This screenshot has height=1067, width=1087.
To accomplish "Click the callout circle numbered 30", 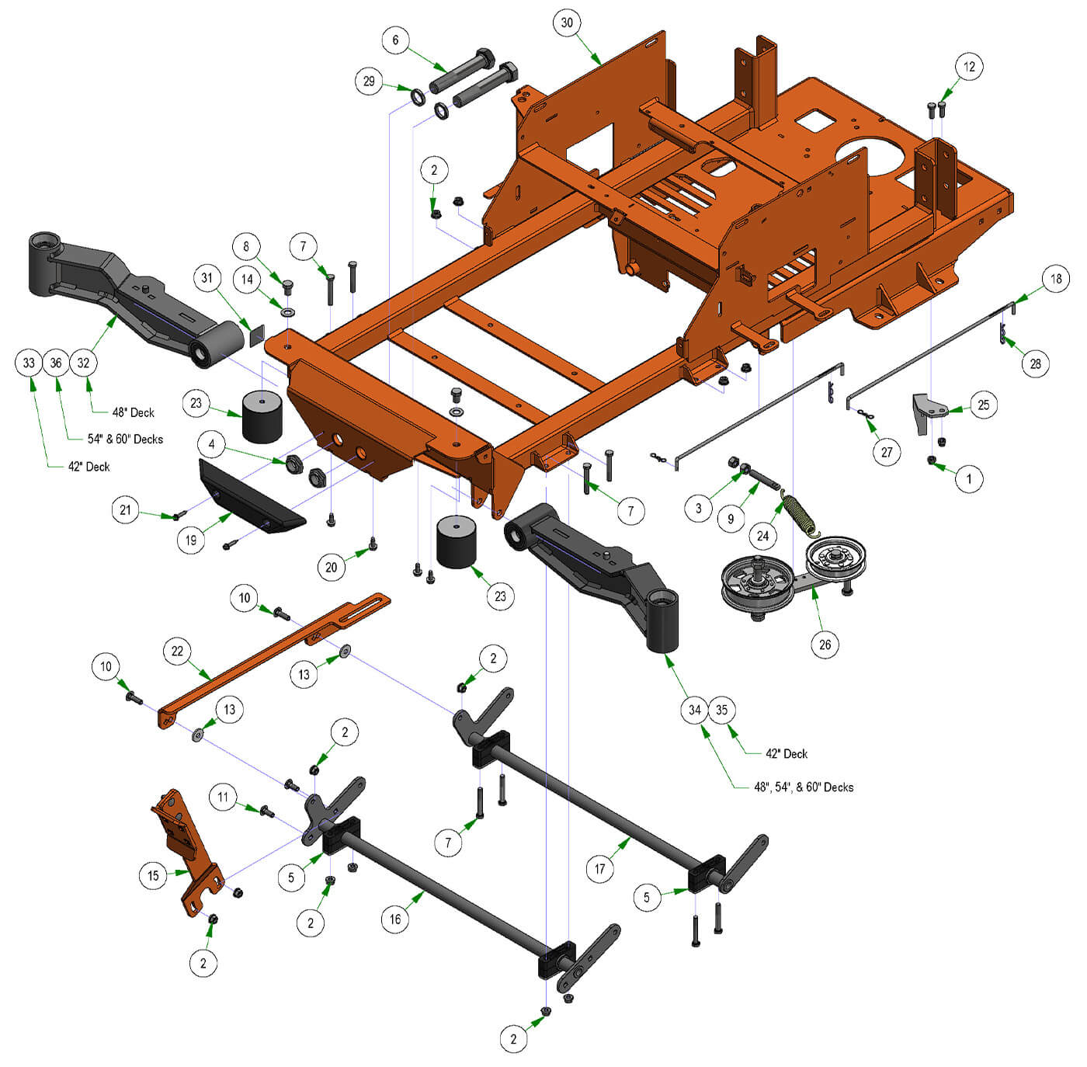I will pyautogui.click(x=567, y=23).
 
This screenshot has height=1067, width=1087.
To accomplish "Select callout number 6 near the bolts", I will pyautogui.click(x=395, y=40).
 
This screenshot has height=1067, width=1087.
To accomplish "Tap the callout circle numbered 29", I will pyautogui.click(x=369, y=81).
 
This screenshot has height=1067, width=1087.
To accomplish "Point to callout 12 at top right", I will pyautogui.click(x=969, y=67).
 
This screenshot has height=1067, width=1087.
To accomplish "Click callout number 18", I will pyautogui.click(x=1056, y=279).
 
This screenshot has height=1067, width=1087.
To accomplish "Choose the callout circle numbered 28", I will pyautogui.click(x=1036, y=363).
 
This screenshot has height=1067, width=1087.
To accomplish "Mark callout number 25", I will pyautogui.click(x=984, y=405).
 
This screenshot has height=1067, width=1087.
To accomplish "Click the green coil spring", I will pyautogui.click(x=800, y=515).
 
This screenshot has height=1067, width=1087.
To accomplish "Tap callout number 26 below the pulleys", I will pyautogui.click(x=825, y=644).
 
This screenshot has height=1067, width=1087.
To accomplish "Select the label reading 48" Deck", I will pyautogui.click(x=134, y=412).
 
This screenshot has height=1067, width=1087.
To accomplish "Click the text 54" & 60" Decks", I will pyautogui.click(x=125, y=439).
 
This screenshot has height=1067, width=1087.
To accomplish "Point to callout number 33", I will pyautogui.click(x=29, y=363).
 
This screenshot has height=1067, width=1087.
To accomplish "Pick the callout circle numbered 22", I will pyautogui.click(x=177, y=650).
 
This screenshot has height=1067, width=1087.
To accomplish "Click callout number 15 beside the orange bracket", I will pyautogui.click(x=153, y=875).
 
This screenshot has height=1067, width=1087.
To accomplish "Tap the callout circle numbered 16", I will pyautogui.click(x=395, y=919).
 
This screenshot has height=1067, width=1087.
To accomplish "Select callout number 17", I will pyautogui.click(x=599, y=868).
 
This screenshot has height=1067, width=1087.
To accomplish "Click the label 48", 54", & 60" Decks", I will pyautogui.click(x=803, y=787).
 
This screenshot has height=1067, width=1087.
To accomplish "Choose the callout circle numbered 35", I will pyautogui.click(x=722, y=710).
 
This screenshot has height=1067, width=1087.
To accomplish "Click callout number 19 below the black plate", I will pyautogui.click(x=191, y=540).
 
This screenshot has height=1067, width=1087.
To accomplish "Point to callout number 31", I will pyautogui.click(x=207, y=278).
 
